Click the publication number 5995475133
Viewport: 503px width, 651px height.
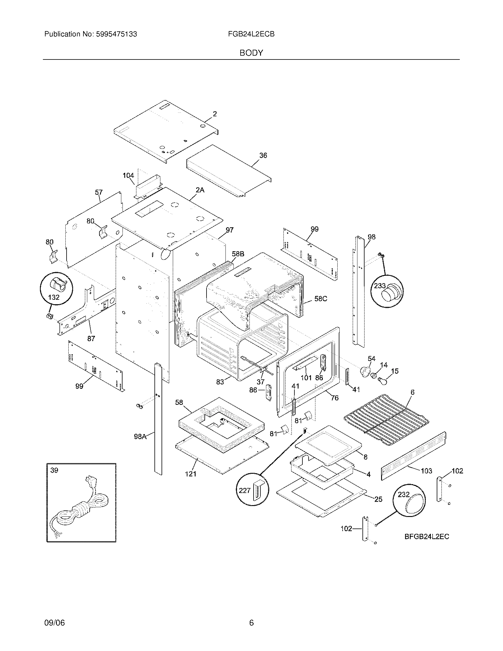click(x=116, y=34)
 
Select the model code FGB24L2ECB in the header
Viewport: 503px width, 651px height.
click(x=251, y=34)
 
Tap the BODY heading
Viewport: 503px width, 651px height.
click(x=251, y=53)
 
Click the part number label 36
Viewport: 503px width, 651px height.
click(x=263, y=155)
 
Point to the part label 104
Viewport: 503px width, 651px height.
click(x=128, y=175)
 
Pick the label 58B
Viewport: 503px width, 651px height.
click(x=238, y=254)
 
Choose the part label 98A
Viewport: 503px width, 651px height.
click(x=140, y=437)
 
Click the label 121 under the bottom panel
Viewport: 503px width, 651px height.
click(x=191, y=474)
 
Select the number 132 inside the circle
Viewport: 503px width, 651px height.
click(x=54, y=297)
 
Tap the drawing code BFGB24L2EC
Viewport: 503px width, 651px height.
click(x=426, y=537)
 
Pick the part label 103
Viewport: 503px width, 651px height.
click(x=426, y=471)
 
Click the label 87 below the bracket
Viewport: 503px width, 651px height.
click(x=91, y=338)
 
